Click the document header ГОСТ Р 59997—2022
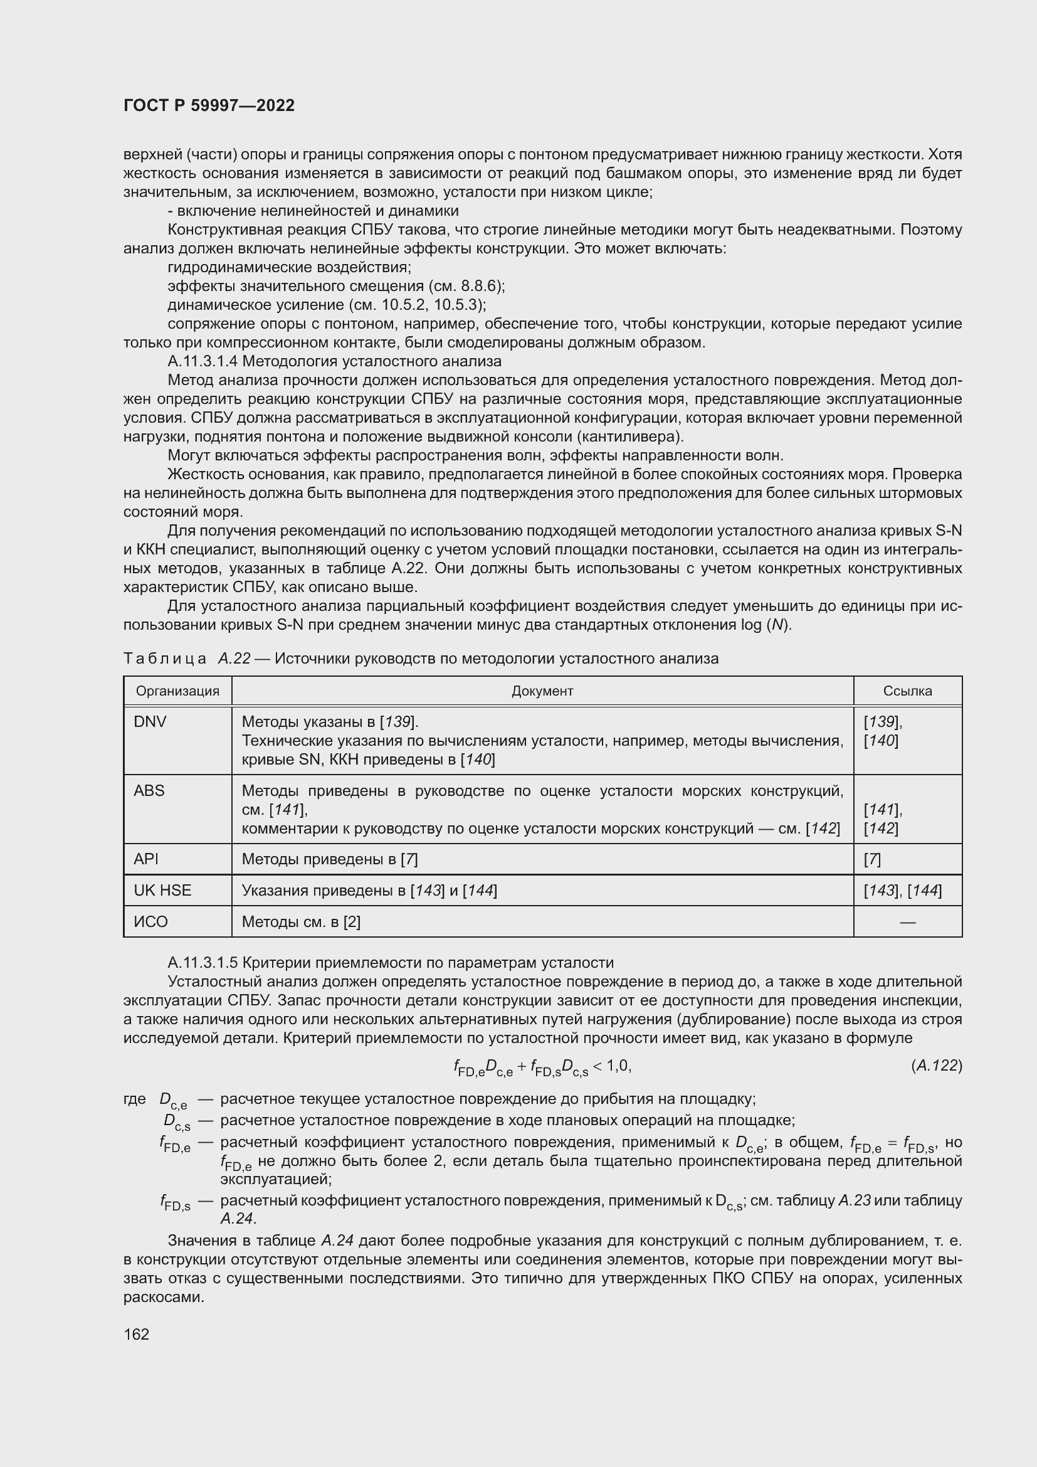coord(209,105)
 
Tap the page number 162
coord(136,1334)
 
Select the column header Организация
coord(177,691)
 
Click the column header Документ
coord(542,691)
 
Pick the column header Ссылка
coord(907,691)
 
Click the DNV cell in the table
coord(150,722)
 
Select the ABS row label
coord(149,791)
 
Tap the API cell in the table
coord(145,859)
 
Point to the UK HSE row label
coord(162,891)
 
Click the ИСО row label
coord(150,922)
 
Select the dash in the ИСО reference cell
coord(907,922)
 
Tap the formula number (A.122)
coord(936,1066)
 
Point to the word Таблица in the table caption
coord(165,659)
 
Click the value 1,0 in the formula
coord(618,1065)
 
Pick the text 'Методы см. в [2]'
coord(301,922)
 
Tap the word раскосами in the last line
coord(164,1298)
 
